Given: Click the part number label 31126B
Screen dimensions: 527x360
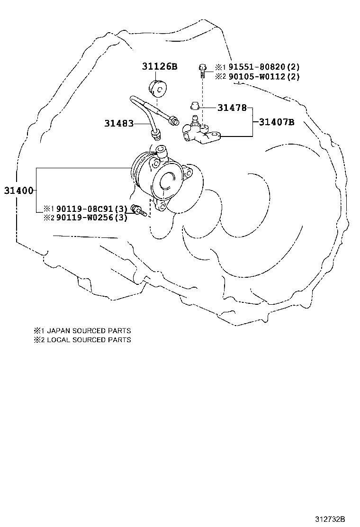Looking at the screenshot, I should (x=159, y=66).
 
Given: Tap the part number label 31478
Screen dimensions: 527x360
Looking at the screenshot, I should (x=232, y=108).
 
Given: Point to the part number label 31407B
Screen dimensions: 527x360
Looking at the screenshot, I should (x=277, y=122).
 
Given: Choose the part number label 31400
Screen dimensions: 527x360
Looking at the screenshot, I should (x=18, y=191).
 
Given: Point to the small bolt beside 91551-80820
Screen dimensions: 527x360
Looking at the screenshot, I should (x=202, y=70).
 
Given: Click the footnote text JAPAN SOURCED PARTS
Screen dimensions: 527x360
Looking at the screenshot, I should (x=88, y=331).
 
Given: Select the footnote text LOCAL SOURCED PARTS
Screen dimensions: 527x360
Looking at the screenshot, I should (x=88, y=340).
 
